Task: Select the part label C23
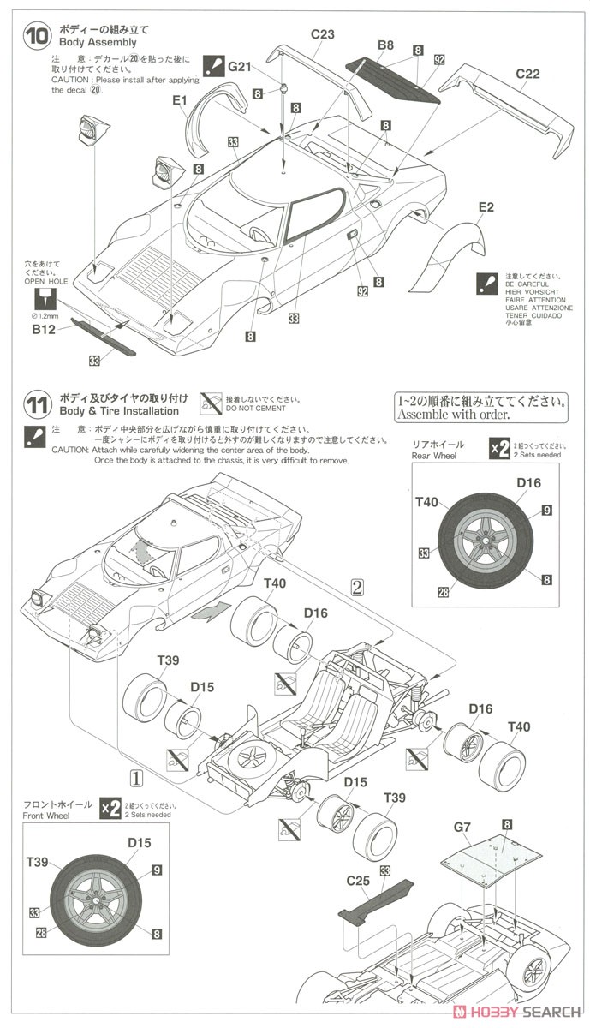click(x=322, y=35)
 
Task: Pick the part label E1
click(x=179, y=100)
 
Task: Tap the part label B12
click(x=44, y=327)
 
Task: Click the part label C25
click(x=357, y=880)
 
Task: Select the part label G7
click(x=462, y=827)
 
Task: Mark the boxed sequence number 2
click(x=358, y=586)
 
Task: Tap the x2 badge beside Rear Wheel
click(x=498, y=450)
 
